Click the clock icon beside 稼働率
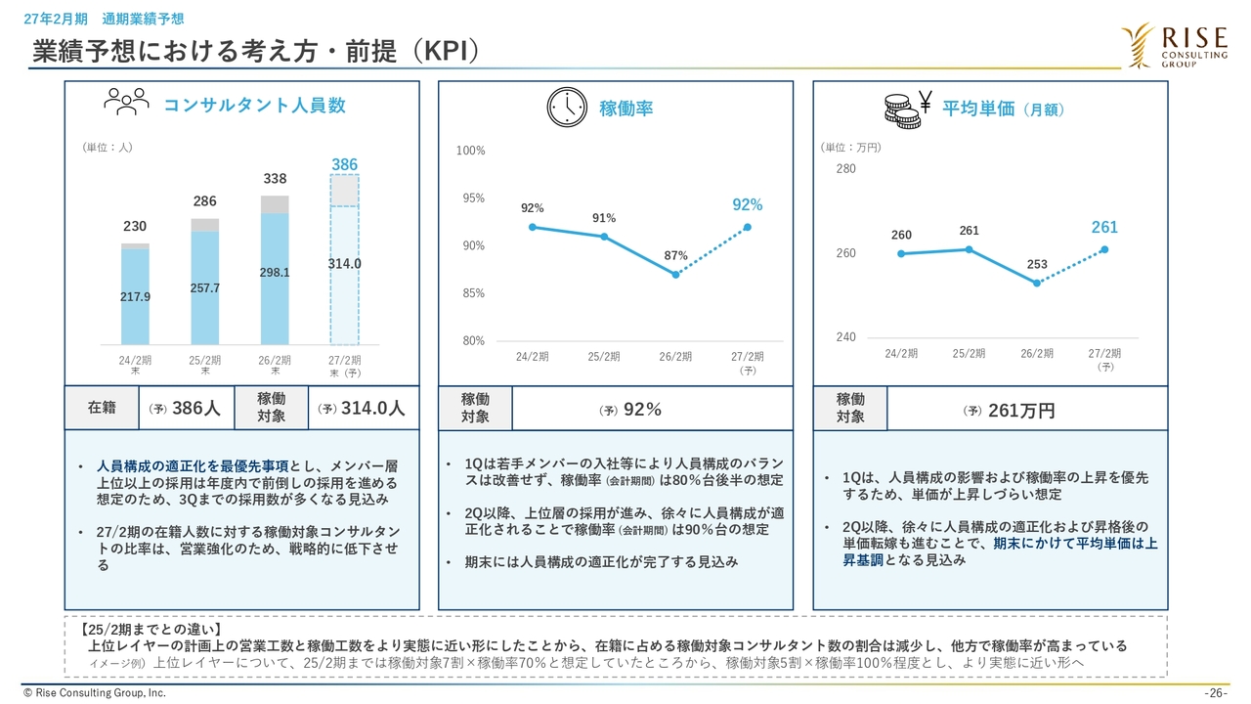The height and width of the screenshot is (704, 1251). [567, 108]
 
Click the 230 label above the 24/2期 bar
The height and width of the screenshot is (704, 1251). [135, 226]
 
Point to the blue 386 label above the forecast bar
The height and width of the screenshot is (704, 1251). [344, 164]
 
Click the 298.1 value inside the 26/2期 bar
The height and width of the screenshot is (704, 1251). [275, 273]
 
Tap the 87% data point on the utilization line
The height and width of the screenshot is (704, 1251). [675, 275]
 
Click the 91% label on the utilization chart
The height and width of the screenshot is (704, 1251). [604, 218]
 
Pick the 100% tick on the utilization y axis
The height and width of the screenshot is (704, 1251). [471, 151]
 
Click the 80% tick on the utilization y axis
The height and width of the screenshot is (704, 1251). [473, 340]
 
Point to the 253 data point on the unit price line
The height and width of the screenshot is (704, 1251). [1037, 284]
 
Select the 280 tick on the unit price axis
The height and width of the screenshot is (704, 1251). [845, 169]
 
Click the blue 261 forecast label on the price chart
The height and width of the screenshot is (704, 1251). [1104, 227]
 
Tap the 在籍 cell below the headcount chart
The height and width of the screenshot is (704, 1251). [102, 408]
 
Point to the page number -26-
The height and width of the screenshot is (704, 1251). [1216, 693]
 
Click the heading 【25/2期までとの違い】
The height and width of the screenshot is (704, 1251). [151, 629]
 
